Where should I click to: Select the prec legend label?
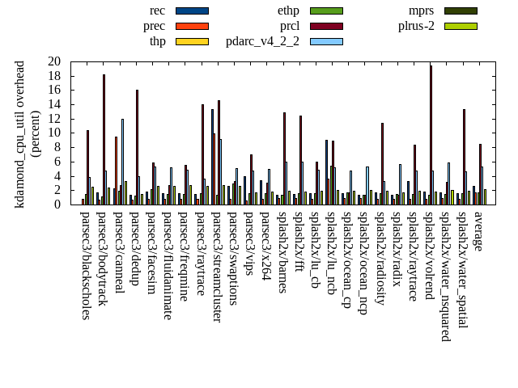(x=154, y=26)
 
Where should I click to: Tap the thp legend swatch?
(x=192, y=41)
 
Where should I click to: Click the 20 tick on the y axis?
(x=54, y=61)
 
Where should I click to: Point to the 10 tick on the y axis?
(x=54, y=133)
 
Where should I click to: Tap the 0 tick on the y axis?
(x=57, y=205)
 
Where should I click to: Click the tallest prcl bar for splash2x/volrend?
(x=431, y=134)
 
